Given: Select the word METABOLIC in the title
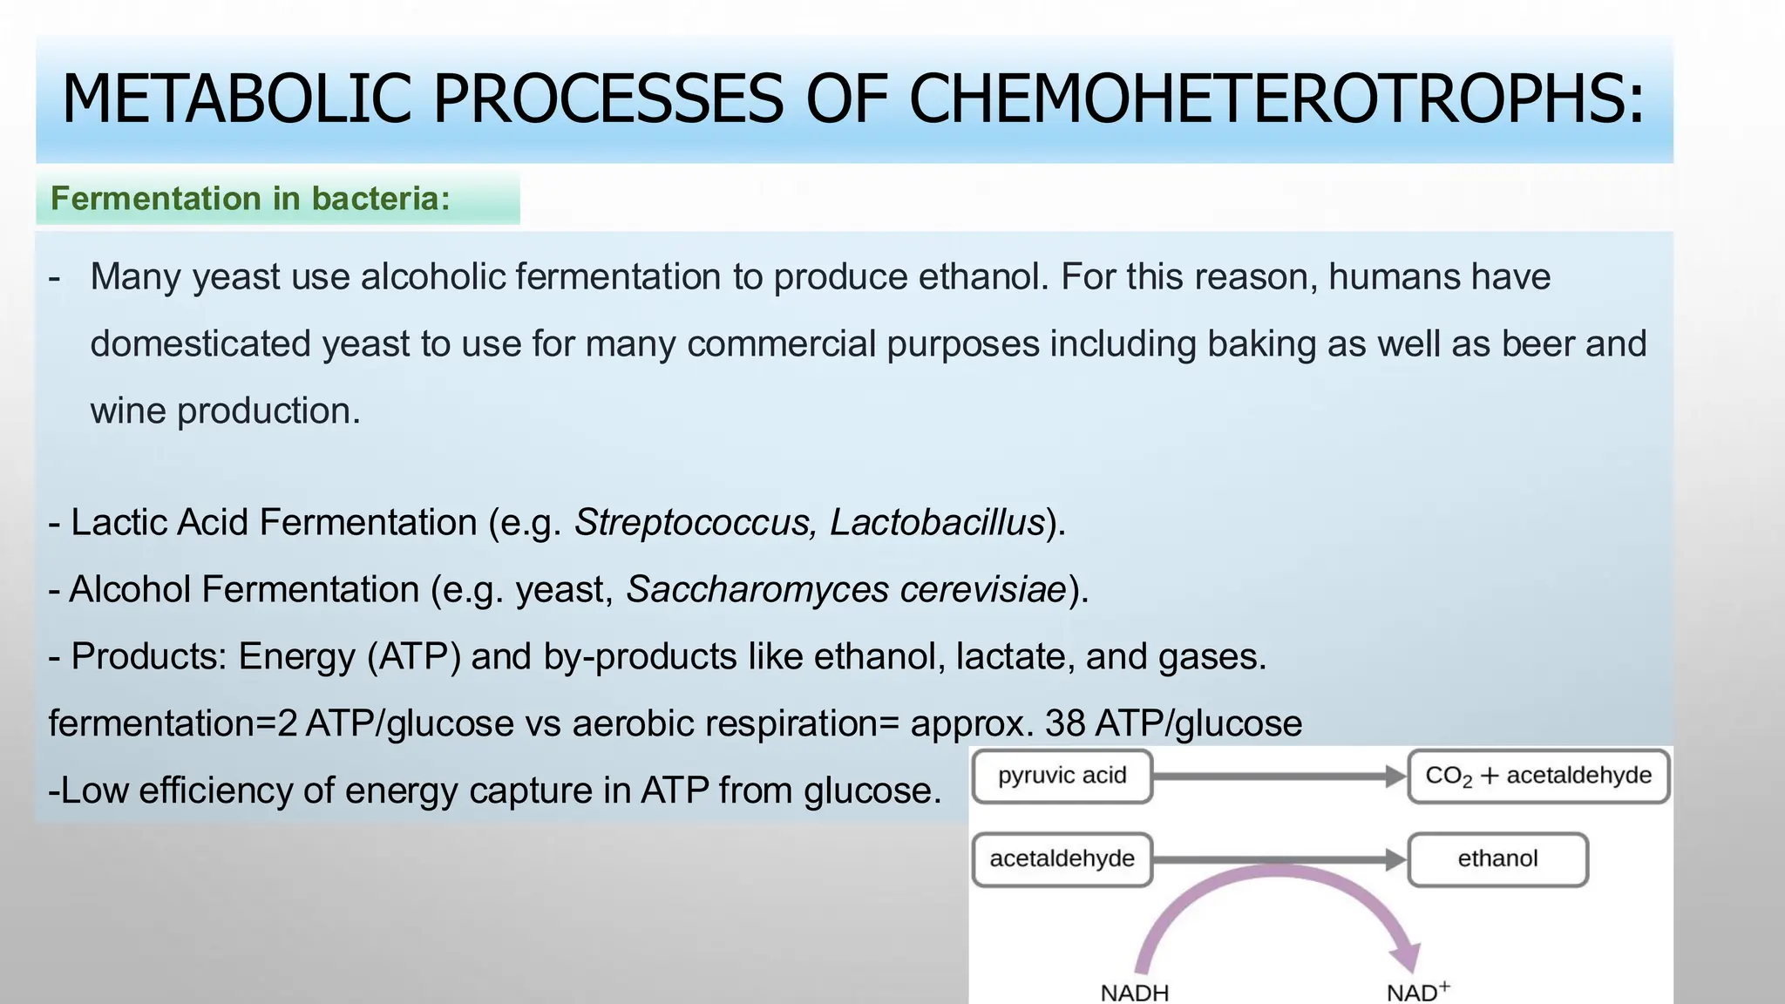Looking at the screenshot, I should (236, 98).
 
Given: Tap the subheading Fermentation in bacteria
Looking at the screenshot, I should (250, 199).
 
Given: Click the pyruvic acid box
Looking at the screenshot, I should (1062, 776).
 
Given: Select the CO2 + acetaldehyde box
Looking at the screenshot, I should (1537, 776).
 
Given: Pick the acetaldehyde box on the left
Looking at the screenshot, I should (1062, 859).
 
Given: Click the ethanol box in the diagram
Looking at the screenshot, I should (1497, 859).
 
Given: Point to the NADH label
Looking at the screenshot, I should (1134, 993).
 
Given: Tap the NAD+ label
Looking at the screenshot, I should (1417, 992).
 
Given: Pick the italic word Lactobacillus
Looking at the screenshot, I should (937, 523).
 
